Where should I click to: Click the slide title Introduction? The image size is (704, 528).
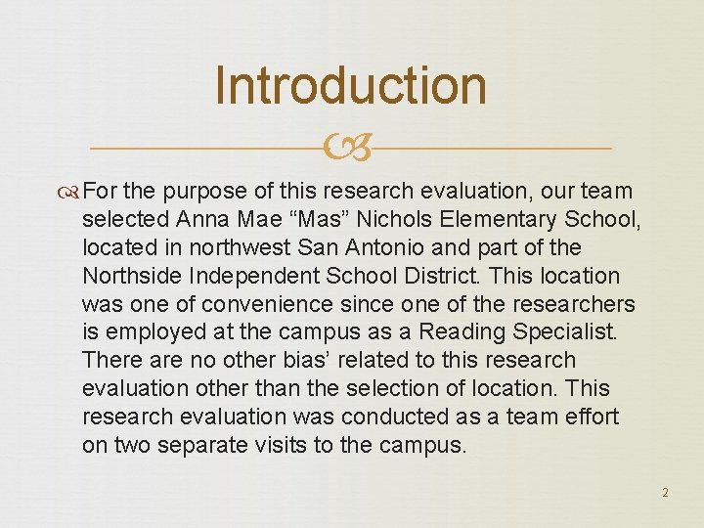(x=350, y=85)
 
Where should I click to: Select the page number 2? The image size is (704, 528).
(x=665, y=492)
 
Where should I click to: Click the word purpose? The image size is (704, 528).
(x=203, y=192)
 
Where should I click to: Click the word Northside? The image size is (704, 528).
(x=130, y=277)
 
